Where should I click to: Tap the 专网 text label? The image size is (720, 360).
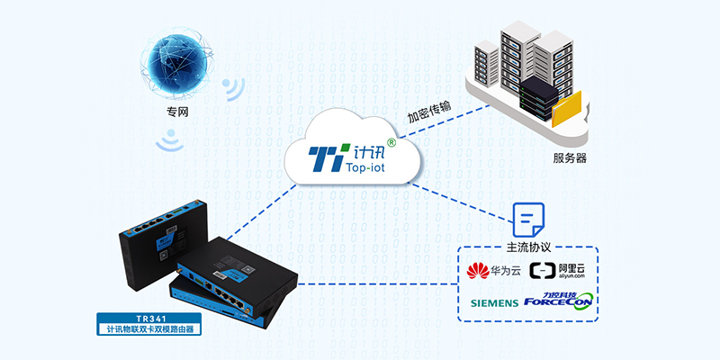pos(177,112)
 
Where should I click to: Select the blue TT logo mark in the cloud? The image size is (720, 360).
pos(323,156)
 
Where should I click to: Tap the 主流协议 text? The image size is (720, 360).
pos(527,246)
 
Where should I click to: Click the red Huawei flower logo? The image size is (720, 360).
pos(477,270)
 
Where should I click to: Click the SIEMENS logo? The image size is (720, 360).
pos(494,302)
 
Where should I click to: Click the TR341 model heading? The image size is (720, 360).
pos(151,319)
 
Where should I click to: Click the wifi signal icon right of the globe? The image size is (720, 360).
pos(235,88)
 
